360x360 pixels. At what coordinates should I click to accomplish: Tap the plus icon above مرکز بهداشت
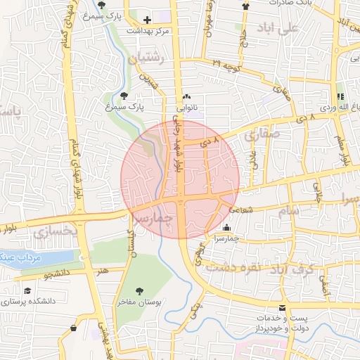pos(147,19)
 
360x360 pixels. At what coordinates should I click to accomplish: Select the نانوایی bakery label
pos(186,108)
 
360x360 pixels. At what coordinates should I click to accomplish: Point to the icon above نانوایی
pos(186,98)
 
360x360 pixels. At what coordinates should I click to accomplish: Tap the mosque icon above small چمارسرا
pos(226,227)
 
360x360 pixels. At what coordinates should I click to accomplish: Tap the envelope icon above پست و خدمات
pos(283,308)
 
